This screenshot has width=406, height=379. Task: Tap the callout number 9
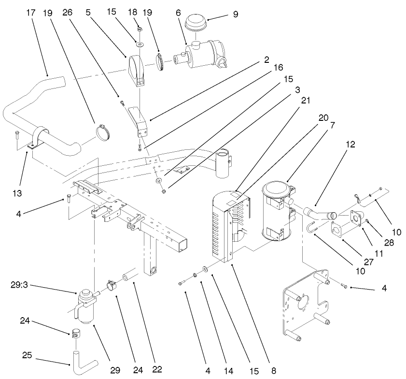(235, 15)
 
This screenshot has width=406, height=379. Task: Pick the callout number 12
(350, 144)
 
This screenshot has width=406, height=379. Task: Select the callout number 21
(305, 101)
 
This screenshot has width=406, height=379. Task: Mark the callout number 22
(156, 370)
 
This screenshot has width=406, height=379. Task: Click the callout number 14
(229, 370)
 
